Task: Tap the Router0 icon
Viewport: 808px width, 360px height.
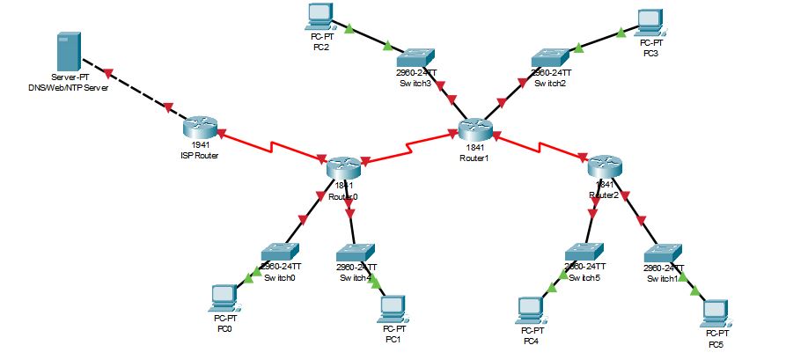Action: [x=342, y=168]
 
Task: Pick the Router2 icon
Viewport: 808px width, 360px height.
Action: [x=605, y=165]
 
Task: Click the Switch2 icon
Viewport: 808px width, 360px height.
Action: [x=551, y=56]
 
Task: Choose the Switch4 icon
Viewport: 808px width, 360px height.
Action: [x=356, y=252]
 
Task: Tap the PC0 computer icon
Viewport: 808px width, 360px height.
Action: [x=225, y=298]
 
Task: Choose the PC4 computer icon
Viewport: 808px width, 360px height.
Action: [x=531, y=309]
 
